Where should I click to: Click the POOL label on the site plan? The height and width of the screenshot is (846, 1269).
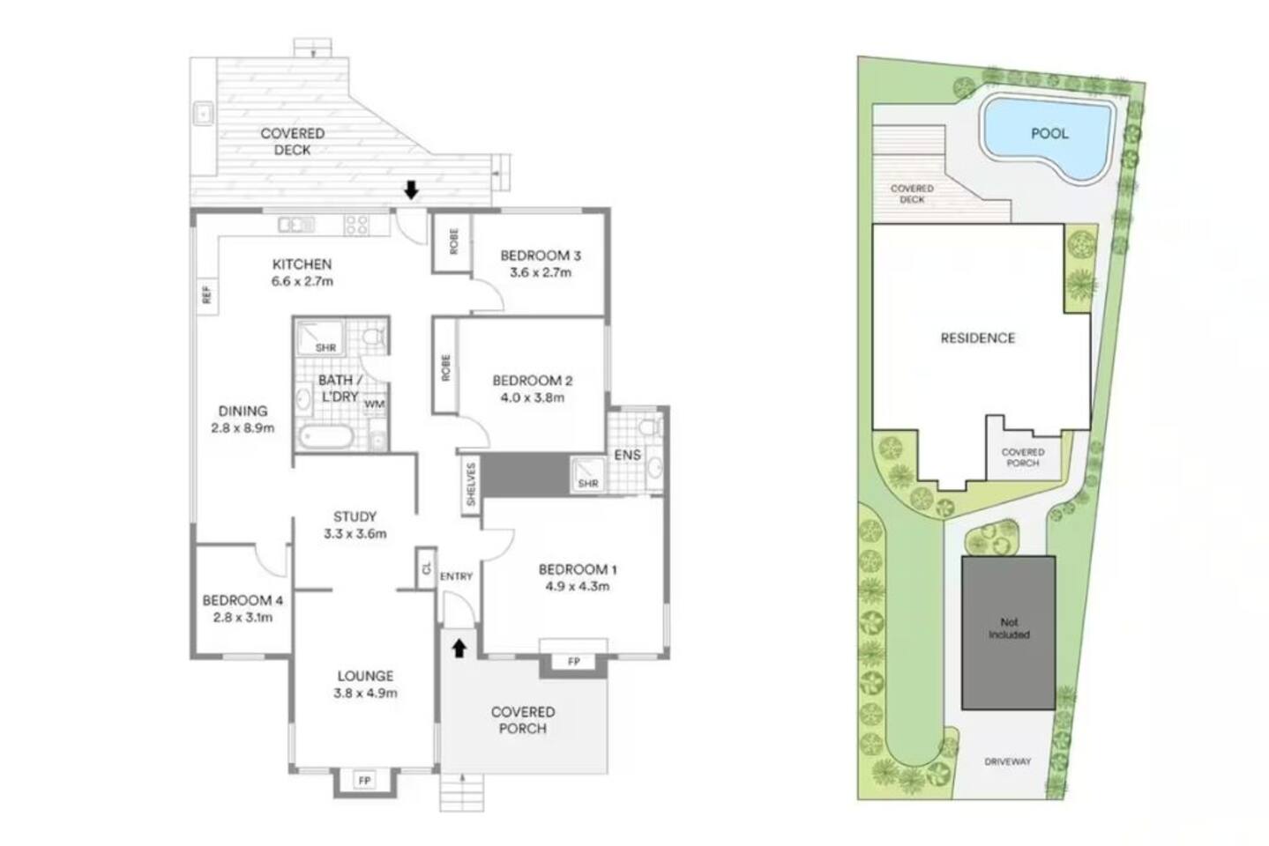tap(1049, 134)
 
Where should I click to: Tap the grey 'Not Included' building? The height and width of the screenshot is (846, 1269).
tap(1008, 633)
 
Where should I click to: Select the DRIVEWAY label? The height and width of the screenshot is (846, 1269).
tap(1007, 761)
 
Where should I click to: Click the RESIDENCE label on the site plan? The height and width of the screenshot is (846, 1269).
tap(978, 338)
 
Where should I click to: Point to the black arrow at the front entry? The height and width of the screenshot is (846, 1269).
tap(459, 649)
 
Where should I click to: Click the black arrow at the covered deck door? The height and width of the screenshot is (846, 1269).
tap(411, 189)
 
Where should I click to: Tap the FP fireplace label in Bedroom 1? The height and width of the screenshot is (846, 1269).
tap(574, 662)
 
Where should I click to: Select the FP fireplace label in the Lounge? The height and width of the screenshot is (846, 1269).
tap(364, 781)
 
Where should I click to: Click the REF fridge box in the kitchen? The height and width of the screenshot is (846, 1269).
tap(206, 295)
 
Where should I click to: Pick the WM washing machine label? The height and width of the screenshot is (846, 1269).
tap(375, 404)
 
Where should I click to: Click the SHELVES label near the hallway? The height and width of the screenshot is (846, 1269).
tap(471, 484)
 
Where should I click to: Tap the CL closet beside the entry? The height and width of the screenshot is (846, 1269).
tap(427, 568)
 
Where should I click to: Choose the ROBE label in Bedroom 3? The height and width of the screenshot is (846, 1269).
tap(454, 241)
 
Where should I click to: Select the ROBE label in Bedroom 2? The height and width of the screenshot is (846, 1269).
tap(446, 367)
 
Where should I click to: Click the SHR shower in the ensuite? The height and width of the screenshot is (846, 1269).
tap(588, 474)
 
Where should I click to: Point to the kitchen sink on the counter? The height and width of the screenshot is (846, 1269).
tap(296, 225)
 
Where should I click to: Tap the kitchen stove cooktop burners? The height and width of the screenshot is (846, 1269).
tap(357, 224)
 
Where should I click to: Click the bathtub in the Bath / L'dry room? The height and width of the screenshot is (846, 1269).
tap(327, 437)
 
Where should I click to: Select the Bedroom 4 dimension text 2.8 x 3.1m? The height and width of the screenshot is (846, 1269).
tap(243, 617)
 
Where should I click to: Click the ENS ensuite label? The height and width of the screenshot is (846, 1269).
tap(628, 455)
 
